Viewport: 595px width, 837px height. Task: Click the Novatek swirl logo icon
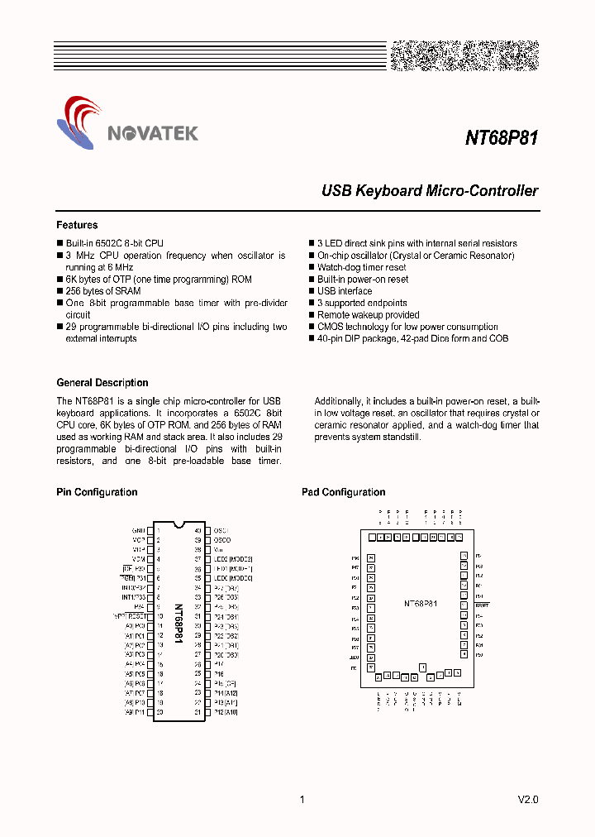click(x=81, y=122)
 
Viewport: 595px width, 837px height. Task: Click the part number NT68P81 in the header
click(x=501, y=138)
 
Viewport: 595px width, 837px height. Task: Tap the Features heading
click(x=77, y=225)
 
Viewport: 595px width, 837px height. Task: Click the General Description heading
click(x=102, y=383)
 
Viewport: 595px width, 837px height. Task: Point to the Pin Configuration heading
click(x=97, y=492)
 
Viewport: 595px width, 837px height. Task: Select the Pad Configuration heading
click(x=343, y=492)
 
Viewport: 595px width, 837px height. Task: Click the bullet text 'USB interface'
click(x=345, y=291)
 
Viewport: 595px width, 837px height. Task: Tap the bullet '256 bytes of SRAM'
click(x=103, y=291)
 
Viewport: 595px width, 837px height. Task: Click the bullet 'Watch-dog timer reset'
click(x=361, y=268)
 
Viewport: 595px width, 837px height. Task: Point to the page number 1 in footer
click(x=302, y=800)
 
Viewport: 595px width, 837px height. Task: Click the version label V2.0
click(x=527, y=800)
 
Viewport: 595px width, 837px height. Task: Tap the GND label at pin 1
click(x=138, y=530)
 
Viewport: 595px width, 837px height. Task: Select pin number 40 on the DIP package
click(x=198, y=530)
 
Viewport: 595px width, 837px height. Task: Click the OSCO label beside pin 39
click(x=222, y=540)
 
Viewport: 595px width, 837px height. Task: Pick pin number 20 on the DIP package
click(x=158, y=712)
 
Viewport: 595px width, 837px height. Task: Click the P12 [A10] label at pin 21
click(x=226, y=712)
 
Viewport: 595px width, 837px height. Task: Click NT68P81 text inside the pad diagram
click(x=420, y=605)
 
